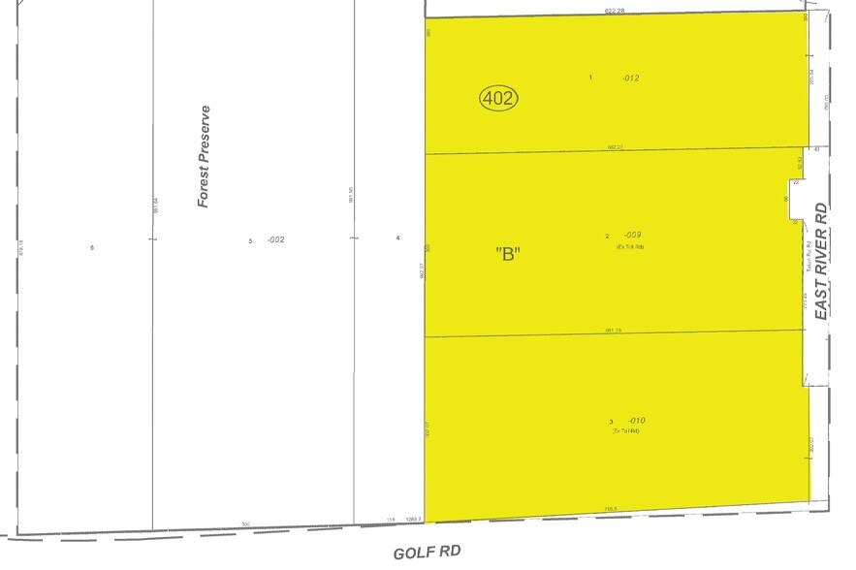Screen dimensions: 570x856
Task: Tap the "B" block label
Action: point(509,254)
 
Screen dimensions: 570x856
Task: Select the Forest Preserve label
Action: point(204,156)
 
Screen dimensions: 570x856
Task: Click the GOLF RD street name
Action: point(426,552)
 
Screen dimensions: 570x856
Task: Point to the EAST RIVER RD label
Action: point(821,261)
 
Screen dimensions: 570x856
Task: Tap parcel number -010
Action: point(635,420)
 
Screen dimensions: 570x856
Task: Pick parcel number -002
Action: point(275,239)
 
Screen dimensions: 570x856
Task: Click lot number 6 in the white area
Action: point(93,248)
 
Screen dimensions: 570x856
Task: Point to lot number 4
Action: point(398,238)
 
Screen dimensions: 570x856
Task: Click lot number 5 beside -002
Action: point(250,240)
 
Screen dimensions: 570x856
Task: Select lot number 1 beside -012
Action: point(590,77)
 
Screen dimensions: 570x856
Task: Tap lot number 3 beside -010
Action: point(611,422)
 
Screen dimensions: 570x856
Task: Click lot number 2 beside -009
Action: point(607,236)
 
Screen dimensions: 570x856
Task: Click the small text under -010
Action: point(626,431)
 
